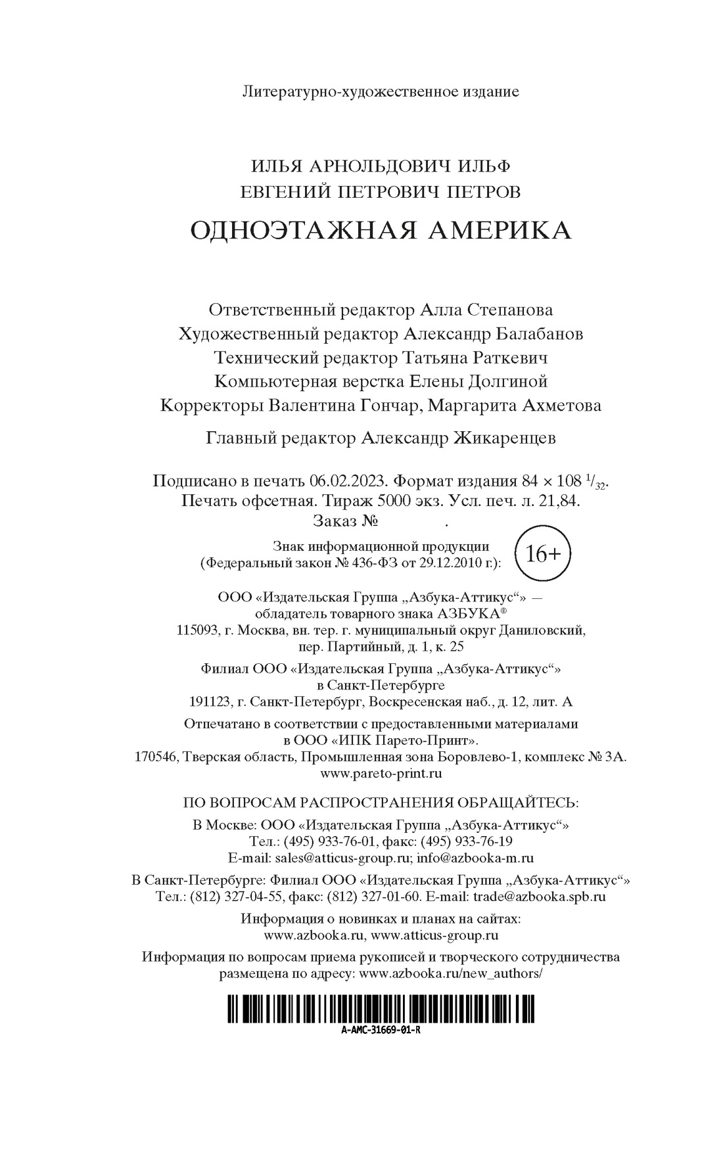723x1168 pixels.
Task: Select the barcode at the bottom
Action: click(x=381, y=1009)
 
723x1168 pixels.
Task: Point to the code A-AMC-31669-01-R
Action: click(x=381, y=1030)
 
